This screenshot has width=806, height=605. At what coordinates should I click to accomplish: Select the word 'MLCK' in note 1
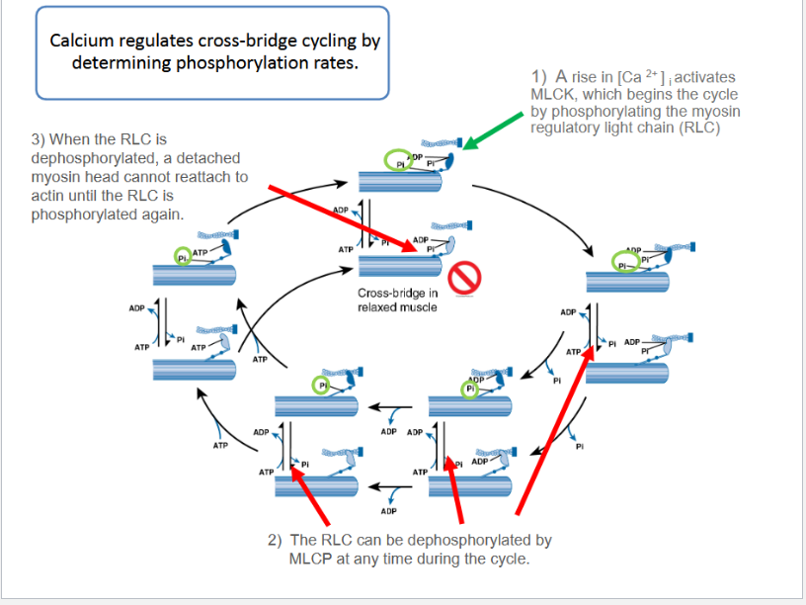click(551, 94)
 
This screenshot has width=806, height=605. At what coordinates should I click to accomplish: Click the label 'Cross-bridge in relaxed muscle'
click(398, 300)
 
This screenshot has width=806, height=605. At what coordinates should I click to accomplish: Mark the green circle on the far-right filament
click(622, 266)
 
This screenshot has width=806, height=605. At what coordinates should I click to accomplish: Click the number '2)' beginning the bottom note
click(275, 541)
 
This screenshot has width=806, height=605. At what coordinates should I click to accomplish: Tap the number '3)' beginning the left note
click(40, 139)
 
